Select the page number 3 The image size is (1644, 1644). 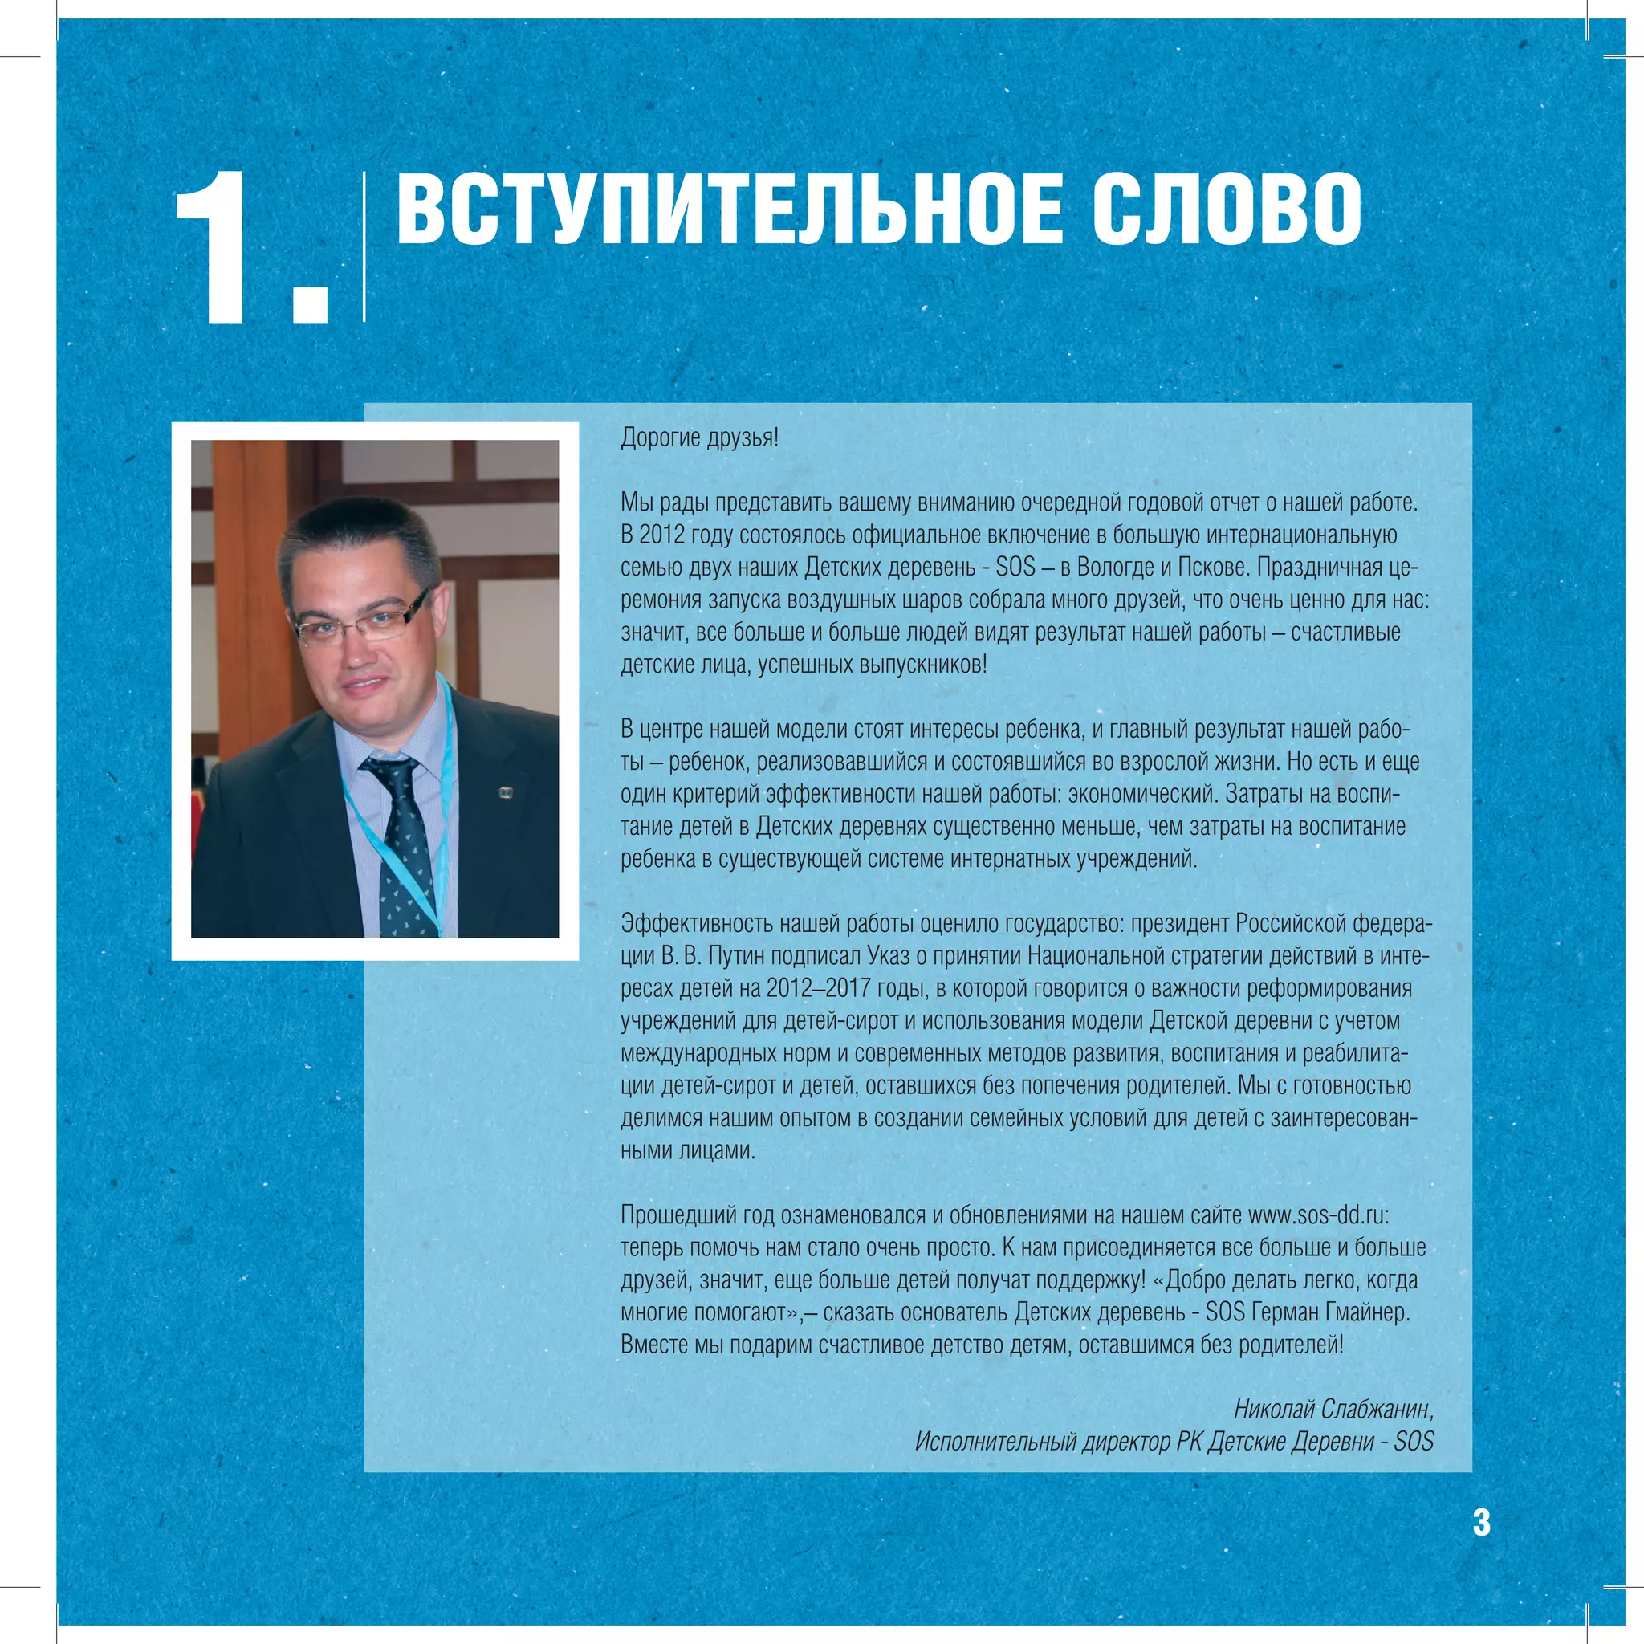click(x=1482, y=1522)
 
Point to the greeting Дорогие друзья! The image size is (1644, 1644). click(x=698, y=438)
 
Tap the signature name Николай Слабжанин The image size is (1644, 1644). click(x=1333, y=1409)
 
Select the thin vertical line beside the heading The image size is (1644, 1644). click(x=364, y=246)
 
